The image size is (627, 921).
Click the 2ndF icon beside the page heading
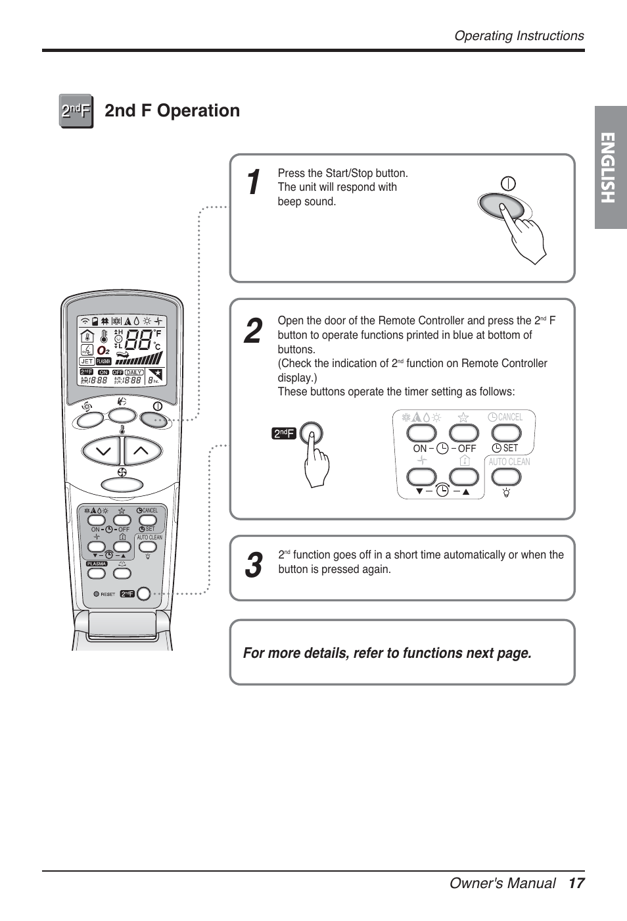[x=76, y=111]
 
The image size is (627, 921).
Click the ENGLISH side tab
[x=610, y=168]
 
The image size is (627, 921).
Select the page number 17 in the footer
[x=576, y=883]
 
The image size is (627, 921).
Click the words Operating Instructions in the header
[x=519, y=36]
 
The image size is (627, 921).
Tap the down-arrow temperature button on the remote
[x=102, y=451]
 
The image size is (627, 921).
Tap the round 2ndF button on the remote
[x=144, y=594]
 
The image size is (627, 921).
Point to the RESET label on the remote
[x=108, y=594]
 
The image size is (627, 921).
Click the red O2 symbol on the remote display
[x=104, y=351]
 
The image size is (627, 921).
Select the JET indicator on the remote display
[x=87, y=361]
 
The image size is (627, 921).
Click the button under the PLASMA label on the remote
[x=97, y=573]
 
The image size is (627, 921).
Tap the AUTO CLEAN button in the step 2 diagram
[x=506, y=477]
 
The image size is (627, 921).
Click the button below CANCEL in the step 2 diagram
[x=506, y=432]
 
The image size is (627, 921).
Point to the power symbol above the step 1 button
[x=508, y=184]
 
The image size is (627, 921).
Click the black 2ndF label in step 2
[x=284, y=433]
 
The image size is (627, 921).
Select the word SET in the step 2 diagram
[x=511, y=448]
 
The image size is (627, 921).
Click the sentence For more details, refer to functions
[x=387, y=653]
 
